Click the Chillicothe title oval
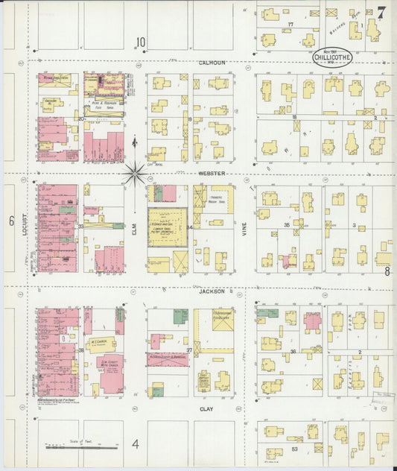[332, 58]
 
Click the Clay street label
[207, 408]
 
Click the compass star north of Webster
[135, 173]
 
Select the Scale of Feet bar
[82, 448]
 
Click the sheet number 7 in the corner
[381, 13]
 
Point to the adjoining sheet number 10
[140, 42]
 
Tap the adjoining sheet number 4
[136, 445]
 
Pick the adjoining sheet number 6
[12, 221]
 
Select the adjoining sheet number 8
[387, 271]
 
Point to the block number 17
[291, 25]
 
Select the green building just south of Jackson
[180, 316]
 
